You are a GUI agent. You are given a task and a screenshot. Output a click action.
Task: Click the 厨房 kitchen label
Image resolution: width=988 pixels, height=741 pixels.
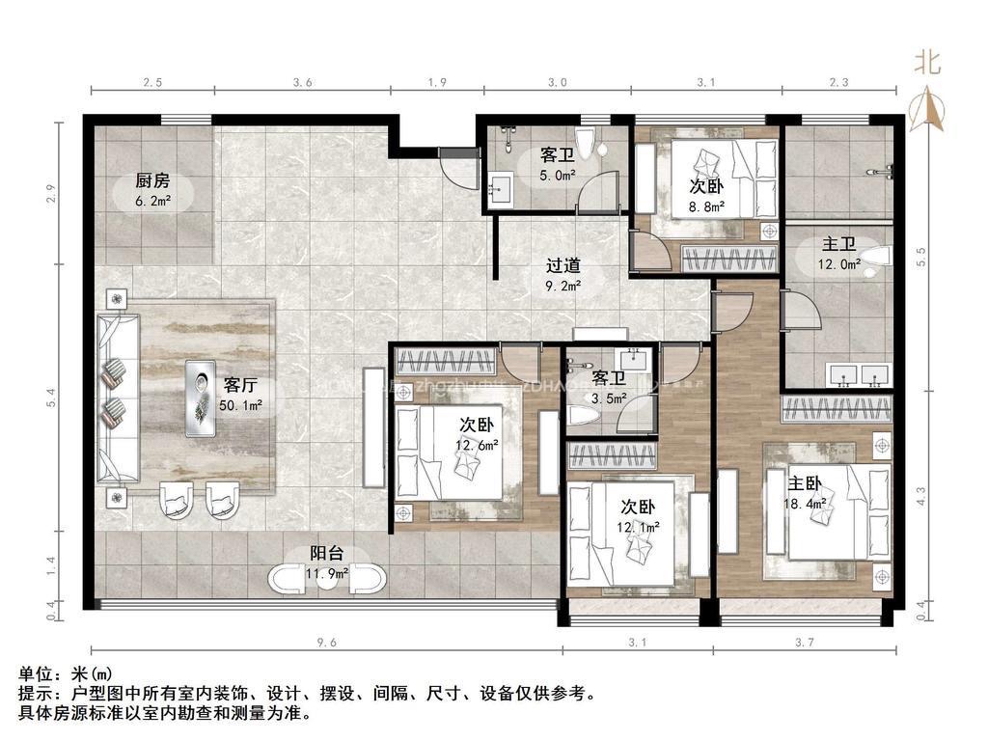point(152,180)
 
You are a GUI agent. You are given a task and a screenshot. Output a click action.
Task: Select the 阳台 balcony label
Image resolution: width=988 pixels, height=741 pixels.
point(325,555)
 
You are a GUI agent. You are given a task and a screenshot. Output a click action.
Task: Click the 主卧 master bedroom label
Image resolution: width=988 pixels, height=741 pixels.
point(806,482)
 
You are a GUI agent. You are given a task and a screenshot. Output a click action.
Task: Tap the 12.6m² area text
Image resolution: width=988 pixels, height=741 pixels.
point(478,445)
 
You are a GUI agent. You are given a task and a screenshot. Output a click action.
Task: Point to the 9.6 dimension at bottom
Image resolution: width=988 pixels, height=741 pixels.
point(325,642)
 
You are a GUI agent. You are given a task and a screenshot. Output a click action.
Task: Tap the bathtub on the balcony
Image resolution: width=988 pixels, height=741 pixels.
point(329,580)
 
